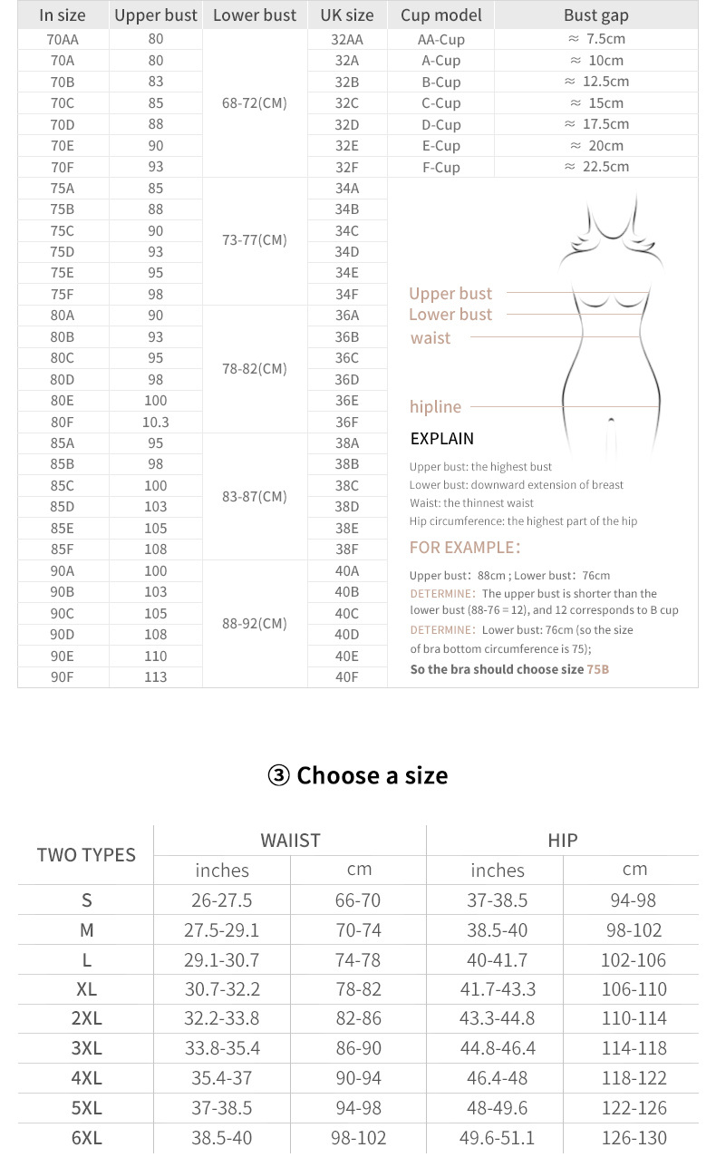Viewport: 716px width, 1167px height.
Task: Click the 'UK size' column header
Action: pyautogui.click(x=346, y=15)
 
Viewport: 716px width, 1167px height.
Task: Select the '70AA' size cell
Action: pyautogui.click(x=63, y=39)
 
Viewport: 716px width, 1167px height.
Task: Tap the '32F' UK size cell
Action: pyautogui.click(x=346, y=167)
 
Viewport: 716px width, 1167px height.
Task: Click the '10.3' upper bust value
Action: pyautogui.click(x=155, y=422)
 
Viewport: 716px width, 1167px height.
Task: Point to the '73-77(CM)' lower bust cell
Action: pyautogui.click(x=254, y=240)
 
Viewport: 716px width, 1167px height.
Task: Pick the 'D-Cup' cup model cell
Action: pyautogui.click(x=440, y=124)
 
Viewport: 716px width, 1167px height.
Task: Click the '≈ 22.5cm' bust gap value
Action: pyautogui.click(x=596, y=167)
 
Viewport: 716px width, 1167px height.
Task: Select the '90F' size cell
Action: pyautogui.click(x=63, y=676)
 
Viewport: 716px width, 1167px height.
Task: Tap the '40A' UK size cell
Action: pyautogui.click(x=346, y=570)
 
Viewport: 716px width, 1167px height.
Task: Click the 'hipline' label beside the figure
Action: pyautogui.click(x=435, y=407)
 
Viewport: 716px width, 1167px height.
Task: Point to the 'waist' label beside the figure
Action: pyautogui.click(x=430, y=338)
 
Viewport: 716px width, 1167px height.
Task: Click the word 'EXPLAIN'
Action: pyautogui.click(x=441, y=439)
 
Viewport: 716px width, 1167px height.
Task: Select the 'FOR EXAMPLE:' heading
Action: pyautogui.click(x=465, y=548)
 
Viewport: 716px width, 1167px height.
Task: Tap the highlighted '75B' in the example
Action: pyautogui.click(x=597, y=669)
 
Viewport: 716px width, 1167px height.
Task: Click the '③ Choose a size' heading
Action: pyautogui.click(x=358, y=775)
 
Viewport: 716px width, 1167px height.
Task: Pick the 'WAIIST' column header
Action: pyautogui.click(x=290, y=841)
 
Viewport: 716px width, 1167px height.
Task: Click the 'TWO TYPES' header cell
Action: pyautogui.click(x=86, y=854)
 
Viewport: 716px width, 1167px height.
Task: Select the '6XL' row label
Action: pyautogui.click(x=86, y=1138)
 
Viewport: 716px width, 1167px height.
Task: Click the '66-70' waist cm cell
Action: pyautogui.click(x=358, y=900)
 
